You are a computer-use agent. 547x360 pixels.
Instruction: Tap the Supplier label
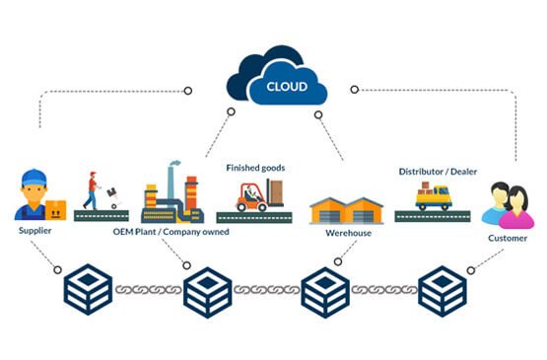[x=35, y=231]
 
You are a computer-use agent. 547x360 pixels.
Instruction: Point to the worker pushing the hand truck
[x=91, y=188]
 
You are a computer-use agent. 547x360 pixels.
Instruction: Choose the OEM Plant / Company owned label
[x=171, y=233]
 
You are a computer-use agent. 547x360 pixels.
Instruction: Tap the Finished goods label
[x=255, y=168]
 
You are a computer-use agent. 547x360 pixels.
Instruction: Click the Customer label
[x=507, y=239]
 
